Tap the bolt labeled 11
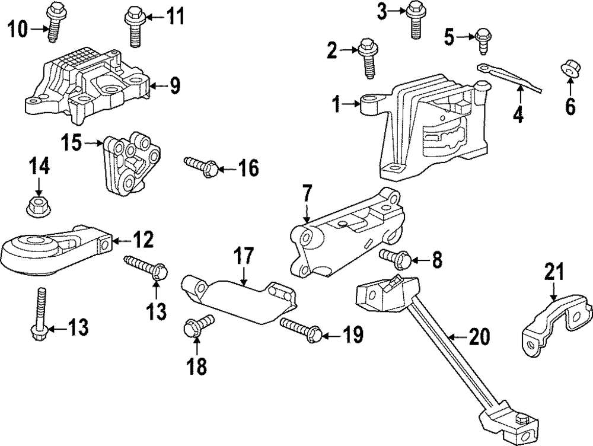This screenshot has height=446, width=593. (133, 26)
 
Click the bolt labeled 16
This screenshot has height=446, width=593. (200, 167)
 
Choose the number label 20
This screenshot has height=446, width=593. (479, 337)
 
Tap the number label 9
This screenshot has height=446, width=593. (175, 87)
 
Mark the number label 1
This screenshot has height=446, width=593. (336, 105)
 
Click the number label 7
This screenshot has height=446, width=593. (307, 195)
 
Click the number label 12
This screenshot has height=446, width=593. (144, 240)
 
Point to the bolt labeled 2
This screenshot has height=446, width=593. (368, 58)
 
